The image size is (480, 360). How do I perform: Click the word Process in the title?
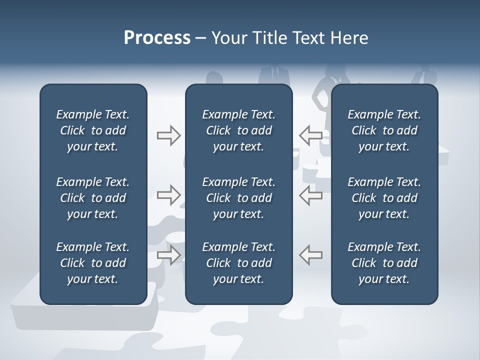pyautogui.click(x=157, y=38)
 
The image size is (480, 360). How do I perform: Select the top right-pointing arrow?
pyautogui.click(x=168, y=135)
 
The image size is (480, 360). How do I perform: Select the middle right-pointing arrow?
pyautogui.click(x=168, y=195)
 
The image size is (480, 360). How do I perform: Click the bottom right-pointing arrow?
pyautogui.click(x=168, y=254)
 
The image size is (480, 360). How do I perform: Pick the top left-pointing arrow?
pyautogui.click(x=310, y=135)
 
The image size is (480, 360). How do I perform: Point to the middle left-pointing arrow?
pyautogui.click(x=310, y=195)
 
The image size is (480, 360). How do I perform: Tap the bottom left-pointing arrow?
pyautogui.click(x=310, y=254)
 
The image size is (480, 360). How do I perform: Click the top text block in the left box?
pyautogui.click(x=93, y=130)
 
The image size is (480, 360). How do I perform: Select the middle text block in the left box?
pyautogui.click(x=93, y=198)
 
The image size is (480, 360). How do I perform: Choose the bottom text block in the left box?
pyautogui.click(x=93, y=263)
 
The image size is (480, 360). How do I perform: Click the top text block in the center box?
pyautogui.click(x=239, y=130)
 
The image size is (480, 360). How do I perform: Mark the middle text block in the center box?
pyautogui.click(x=239, y=198)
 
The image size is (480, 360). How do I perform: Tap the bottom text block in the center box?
pyautogui.click(x=239, y=263)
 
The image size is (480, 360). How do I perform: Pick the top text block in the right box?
pyautogui.click(x=384, y=130)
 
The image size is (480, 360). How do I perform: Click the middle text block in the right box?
pyautogui.click(x=384, y=198)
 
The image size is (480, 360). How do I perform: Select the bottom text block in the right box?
pyautogui.click(x=384, y=263)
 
